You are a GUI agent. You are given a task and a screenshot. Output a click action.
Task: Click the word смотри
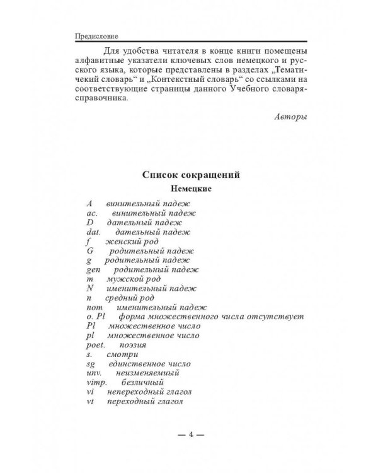coord(125,354)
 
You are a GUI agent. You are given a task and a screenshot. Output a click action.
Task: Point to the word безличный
coord(144,382)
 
